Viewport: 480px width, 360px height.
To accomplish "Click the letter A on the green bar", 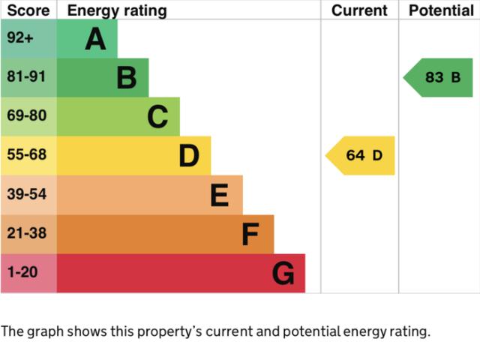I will (95, 39).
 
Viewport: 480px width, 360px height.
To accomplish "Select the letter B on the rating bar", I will (127, 78).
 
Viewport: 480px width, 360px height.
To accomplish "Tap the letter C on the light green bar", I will (157, 117).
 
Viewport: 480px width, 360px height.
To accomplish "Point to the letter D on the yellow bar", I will (189, 156).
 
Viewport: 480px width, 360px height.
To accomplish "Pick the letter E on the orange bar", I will (219, 195).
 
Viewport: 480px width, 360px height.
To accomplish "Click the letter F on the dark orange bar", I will (250, 235).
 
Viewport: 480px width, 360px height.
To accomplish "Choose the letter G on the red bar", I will (283, 274).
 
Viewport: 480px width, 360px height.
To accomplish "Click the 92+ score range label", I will (20, 38).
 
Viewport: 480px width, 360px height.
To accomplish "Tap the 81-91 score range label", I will (26, 77).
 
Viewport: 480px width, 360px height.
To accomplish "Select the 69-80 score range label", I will (26, 116).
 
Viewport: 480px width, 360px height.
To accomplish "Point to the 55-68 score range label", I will (26, 155).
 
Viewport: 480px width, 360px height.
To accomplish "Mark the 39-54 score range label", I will (26, 194).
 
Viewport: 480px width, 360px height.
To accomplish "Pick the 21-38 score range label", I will (26, 233).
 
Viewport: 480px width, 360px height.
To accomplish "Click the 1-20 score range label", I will (22, 272).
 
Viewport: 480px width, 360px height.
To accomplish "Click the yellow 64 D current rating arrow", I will (361, 156).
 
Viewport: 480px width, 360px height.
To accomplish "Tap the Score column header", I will (28, 10).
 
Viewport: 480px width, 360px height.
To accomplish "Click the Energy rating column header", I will (117, 10).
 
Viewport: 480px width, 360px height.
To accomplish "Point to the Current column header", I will (359, 10).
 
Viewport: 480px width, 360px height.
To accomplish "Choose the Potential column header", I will (441, 10).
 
